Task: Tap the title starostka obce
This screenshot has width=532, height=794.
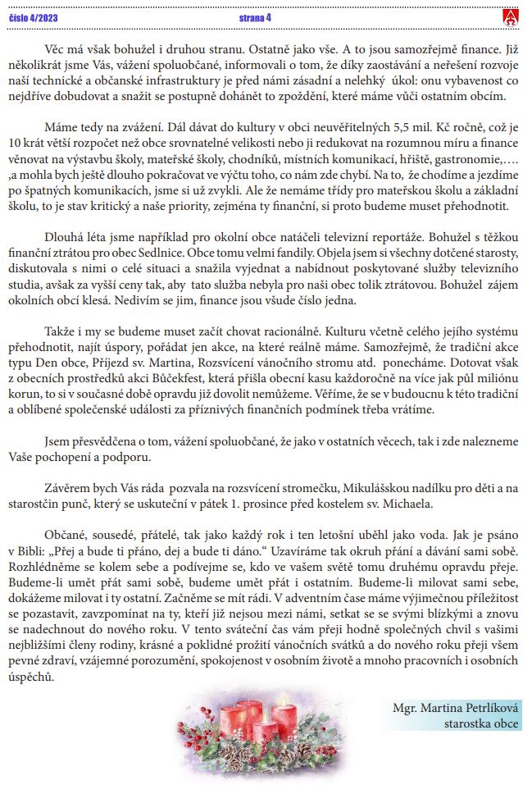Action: coord(481,723)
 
